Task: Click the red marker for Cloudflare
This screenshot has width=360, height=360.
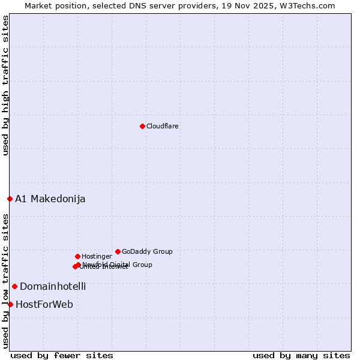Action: (x=142, y=126)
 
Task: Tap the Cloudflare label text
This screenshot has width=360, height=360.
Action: (x=163, y=126)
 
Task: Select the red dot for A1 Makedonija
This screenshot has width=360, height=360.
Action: (x=10, y=199)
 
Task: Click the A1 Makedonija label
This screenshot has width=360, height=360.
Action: (x=50, y=199)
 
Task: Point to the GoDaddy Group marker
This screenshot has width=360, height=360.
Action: (x=118, y=251)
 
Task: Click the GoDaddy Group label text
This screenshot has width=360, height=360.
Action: (x=147, y=251)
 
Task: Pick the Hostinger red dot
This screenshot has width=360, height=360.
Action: (x=77, y=256)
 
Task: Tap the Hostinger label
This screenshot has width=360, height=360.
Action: (x=97, y=256)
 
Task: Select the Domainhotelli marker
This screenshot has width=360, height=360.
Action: (x=14, y=286)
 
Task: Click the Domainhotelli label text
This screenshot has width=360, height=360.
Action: (x=53, y=286)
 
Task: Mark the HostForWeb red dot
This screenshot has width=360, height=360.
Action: (x=10, y=304)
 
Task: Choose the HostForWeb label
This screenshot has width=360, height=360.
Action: (x=44, y=304)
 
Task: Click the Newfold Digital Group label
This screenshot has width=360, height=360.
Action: (x=118, y=264)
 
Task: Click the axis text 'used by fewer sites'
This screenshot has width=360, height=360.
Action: (x=62, y=355)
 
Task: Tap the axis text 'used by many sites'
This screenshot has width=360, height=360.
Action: (x=301, y=355)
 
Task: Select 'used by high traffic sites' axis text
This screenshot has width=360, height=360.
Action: (x=5, y=86)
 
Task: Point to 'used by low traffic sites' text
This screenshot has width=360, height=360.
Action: (x=5, y=281)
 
